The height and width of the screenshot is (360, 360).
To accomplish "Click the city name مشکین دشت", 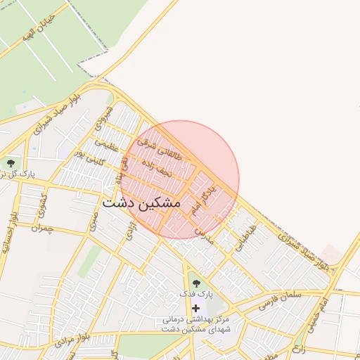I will pos(141,202).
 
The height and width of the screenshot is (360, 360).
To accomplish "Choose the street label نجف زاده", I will pos(155,169).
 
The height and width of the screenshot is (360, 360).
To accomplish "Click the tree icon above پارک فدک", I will pos(195,283).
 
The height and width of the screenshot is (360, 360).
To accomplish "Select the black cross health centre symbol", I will pos(195,308).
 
